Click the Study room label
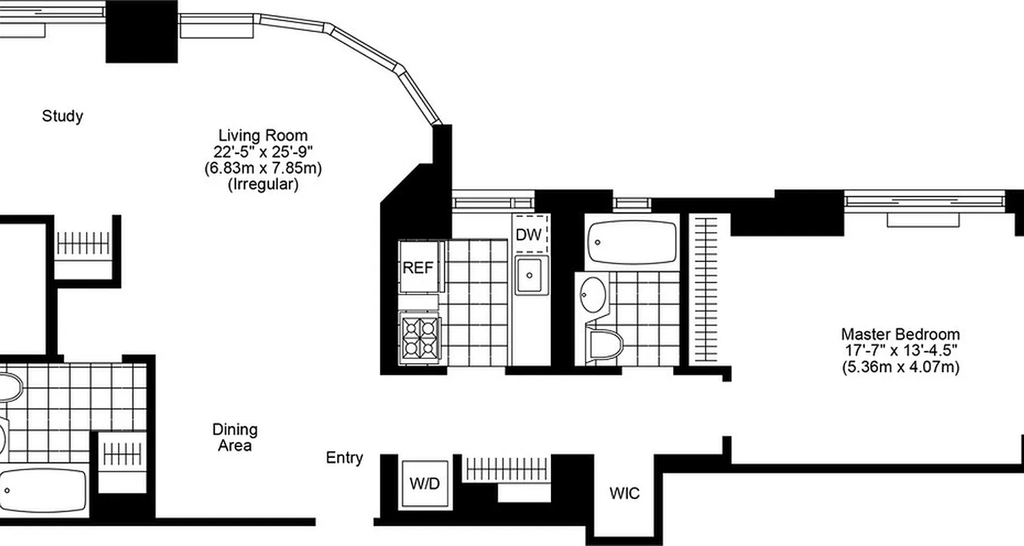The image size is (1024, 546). (x=63, y=116)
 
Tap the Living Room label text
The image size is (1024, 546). (x=263, y=135)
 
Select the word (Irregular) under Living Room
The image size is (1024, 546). (x=263, y=184)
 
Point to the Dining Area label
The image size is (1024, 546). (x=235, y=437)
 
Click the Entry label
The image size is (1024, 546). (x=345, y=458)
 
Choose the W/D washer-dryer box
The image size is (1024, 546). (x=425, y=484)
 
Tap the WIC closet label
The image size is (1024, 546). (x=625, y=493)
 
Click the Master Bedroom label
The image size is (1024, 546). (x=900, y=334)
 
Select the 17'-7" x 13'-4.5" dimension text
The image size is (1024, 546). (x=900, y=351)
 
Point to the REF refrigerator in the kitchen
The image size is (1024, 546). (x=418, y=267)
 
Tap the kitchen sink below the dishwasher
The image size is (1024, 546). (x=531, y=275)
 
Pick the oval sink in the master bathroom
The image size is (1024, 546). (x=591, y=295)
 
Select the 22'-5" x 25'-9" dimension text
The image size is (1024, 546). (x=263, y=151)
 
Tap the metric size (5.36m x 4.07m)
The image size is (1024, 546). (x=900, y=367)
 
